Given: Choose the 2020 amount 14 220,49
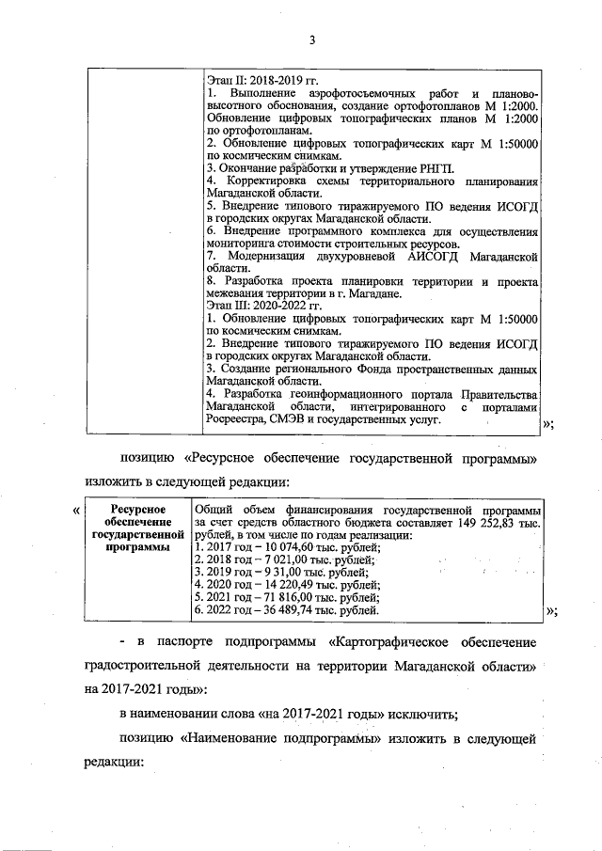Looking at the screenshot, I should coord(295,585).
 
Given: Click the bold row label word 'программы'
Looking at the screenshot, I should coord(133,546).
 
